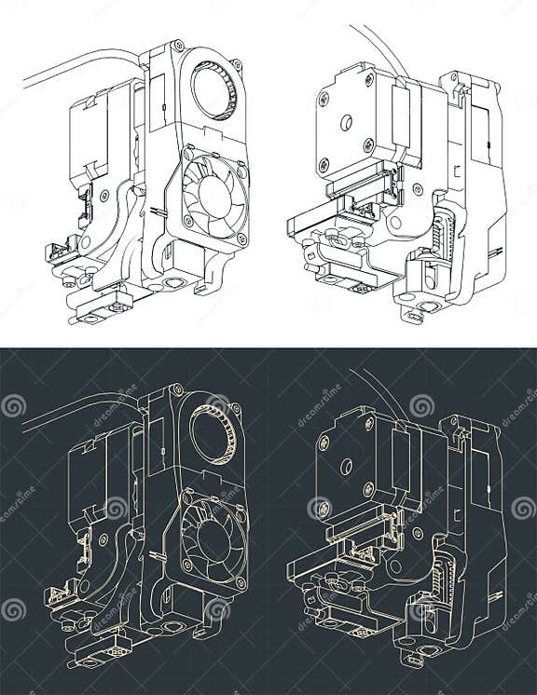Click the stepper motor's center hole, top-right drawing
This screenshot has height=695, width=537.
346,121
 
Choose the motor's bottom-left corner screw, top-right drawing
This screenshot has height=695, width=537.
324,165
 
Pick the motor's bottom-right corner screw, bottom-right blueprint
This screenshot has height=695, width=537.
368,489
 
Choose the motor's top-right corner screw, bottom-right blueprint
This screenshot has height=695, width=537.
369,425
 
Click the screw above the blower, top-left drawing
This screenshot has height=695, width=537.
178,46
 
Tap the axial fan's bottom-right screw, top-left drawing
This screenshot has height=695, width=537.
241,239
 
